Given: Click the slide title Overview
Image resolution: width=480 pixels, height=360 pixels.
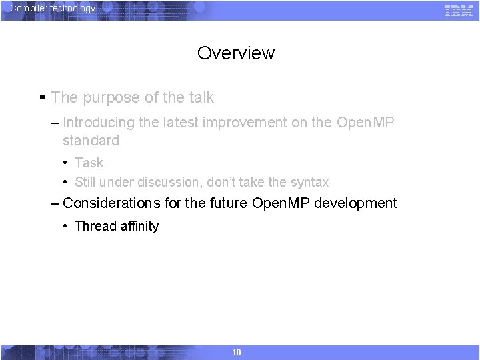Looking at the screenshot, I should [x=236, y=53].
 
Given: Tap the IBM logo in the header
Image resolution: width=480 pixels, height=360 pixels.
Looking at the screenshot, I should [x=459, y=11].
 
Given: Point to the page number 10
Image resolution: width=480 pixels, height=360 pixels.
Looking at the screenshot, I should [x=236, y=352].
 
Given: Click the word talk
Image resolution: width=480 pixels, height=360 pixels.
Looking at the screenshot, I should [x=201, y=97].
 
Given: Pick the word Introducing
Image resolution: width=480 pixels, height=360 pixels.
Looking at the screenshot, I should [x=98, y=123].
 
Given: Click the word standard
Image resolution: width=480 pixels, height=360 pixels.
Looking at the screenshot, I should [x=91, y=141].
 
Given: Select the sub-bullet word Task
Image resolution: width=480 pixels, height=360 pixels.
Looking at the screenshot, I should [x=89, y=163].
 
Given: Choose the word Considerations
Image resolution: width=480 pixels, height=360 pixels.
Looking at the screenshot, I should [x=111, y=203].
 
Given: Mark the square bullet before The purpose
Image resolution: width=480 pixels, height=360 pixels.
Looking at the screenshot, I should [x=42, y=98].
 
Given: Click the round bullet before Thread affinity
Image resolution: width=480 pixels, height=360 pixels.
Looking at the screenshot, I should [x=65, y=226].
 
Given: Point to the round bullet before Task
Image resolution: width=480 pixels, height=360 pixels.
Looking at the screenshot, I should [x=65, y=163].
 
